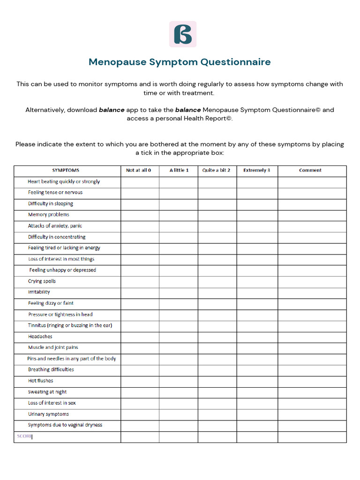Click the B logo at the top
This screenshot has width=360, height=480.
(183, 34)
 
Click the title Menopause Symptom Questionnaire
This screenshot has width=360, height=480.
(180, 62)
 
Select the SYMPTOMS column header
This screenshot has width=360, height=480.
(66, 170)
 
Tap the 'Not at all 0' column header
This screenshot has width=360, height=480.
(139, 170)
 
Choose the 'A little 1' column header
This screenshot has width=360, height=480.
(179, 170)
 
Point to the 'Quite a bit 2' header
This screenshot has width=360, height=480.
(216, 170)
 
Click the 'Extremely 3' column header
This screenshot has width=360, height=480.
(257, 170)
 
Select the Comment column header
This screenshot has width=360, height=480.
(310, 170)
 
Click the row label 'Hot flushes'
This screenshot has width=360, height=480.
(41, 381)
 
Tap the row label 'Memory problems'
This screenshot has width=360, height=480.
(49, 215)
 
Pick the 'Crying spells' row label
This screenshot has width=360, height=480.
(42, 281)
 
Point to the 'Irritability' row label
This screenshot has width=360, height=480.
(39, 292)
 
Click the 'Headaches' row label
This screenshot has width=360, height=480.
(40, 337)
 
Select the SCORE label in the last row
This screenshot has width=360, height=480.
(24, 436)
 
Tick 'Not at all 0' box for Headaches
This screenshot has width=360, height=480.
(140, 337)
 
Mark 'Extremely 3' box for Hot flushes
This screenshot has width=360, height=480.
(257, 381)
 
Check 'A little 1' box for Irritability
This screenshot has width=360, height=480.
(178, 292)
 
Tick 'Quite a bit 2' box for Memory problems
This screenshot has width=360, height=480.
(217, 215)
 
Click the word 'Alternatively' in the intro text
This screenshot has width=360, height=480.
(45, 110)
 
